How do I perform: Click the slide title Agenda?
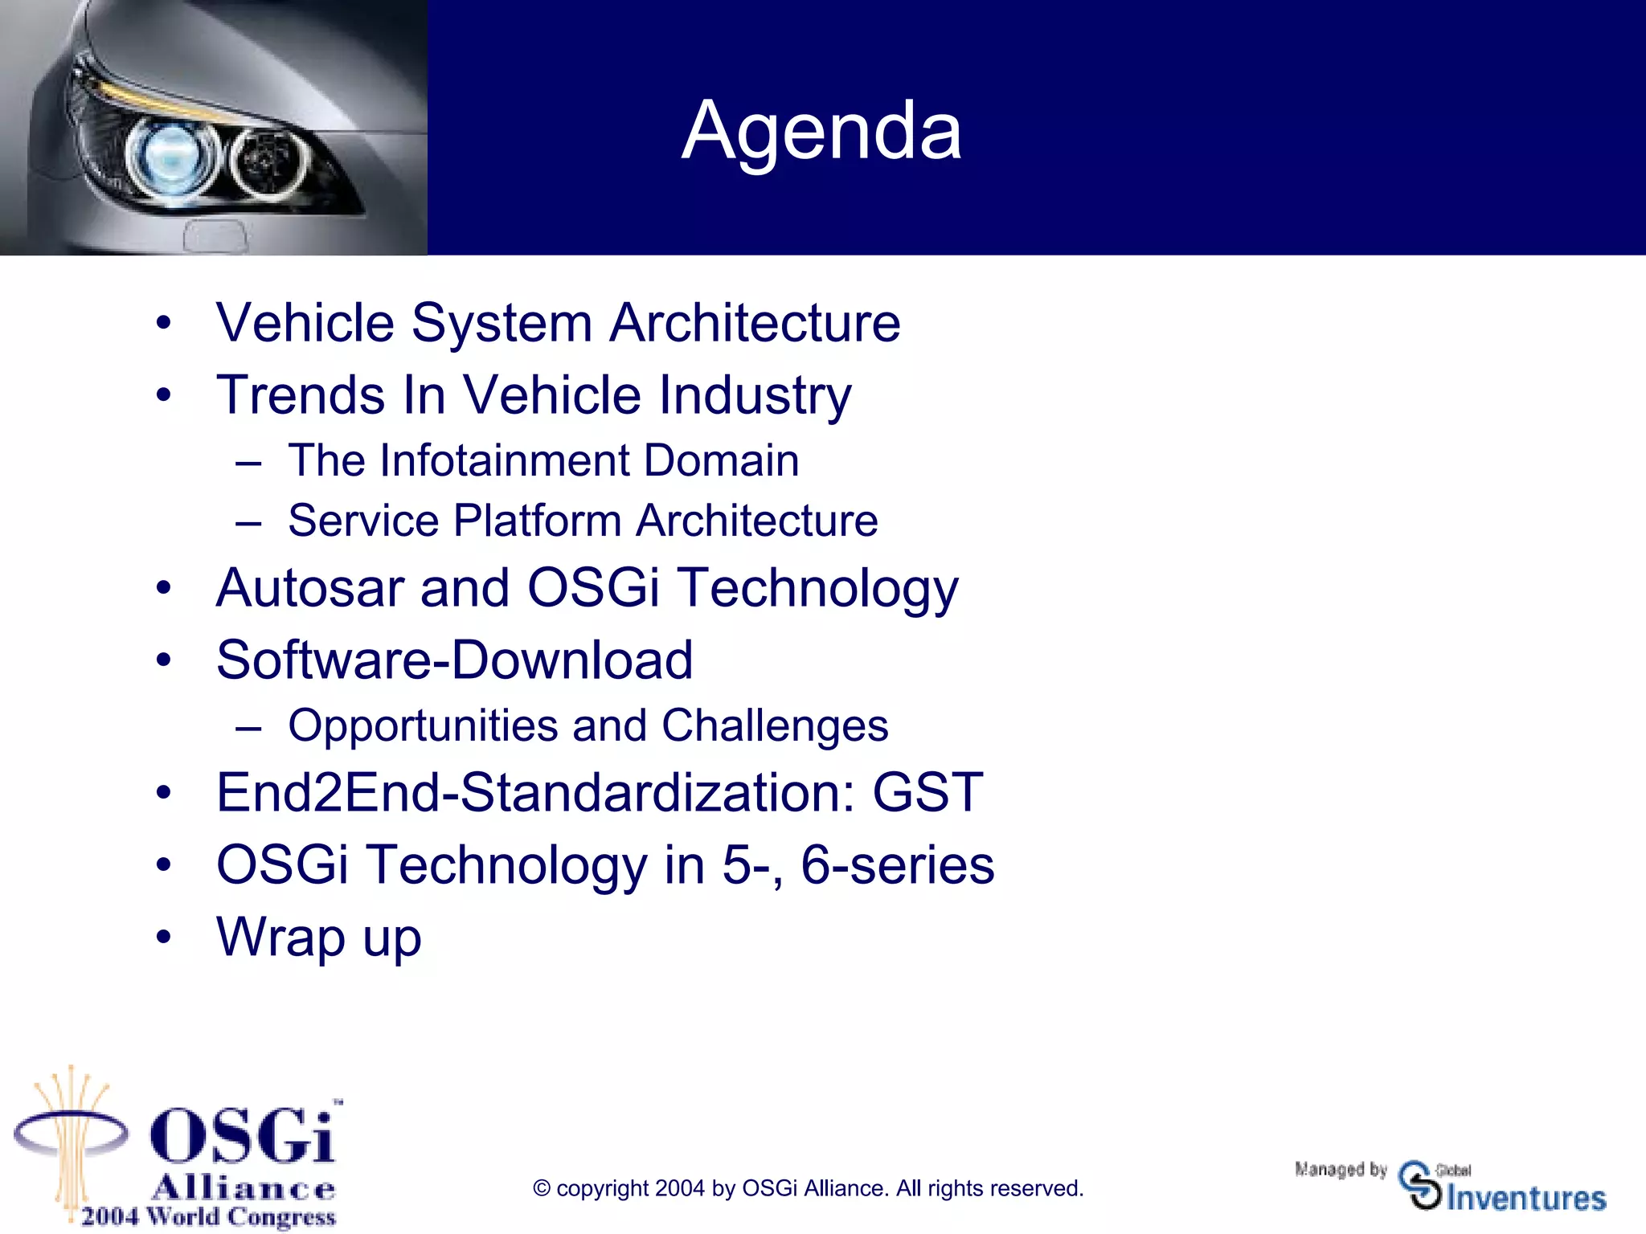[x=821, y=130]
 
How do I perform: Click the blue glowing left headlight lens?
[x=171, y=155]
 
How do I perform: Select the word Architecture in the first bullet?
[x=755, y=323]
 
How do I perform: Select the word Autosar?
[x=309, y=587]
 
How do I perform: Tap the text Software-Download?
[x=454, y=660]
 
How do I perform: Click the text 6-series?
[x=898, y=865]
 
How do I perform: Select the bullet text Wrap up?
[x=319, y=938]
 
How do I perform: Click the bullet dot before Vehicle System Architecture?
[x=164, y=324]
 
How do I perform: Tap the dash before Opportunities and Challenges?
[x=248, y=728]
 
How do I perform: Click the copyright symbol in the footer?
[x=542, y=1188]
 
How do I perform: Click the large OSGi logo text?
[x=243, y=1135]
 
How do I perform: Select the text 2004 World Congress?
[x=208, y=1216]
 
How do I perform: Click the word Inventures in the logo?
[x=1525, y=1198]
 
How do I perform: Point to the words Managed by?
[x=1341, y=1169]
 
